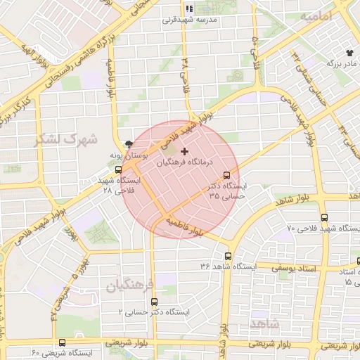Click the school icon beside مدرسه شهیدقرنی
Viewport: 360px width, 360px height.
tap(188, 8)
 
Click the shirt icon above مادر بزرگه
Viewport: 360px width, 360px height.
tap(349, 53)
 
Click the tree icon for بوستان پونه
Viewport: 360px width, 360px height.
tap(127, 143)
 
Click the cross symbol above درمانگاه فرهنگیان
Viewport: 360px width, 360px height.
tap(185, 151)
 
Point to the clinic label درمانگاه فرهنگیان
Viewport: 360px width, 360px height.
tap(185, 162)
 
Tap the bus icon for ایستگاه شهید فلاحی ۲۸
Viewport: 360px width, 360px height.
tap(118, 169)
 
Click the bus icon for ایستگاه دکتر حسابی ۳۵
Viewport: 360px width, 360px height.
tap(226, 175)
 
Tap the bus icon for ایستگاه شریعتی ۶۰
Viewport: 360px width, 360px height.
tap(62, 342)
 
